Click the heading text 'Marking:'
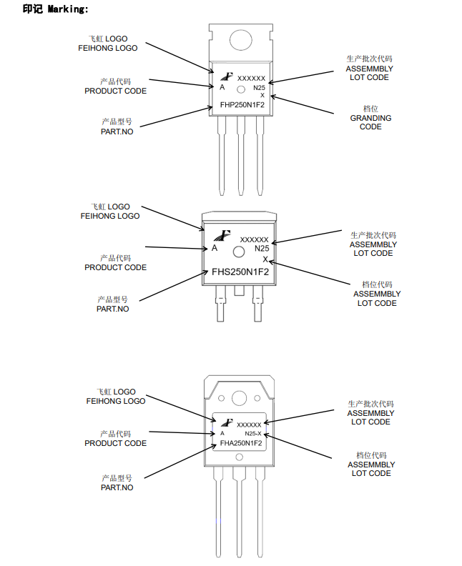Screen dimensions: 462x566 click(x=68, y=9)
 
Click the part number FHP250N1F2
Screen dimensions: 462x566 click(x=242, y=105)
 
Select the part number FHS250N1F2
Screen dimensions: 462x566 click(x=240, y=272)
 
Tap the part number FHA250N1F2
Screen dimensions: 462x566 click(x=241, y=443)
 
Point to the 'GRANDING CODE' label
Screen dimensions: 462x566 click(x=370, y=122)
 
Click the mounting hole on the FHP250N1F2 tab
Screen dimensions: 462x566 click(x=240, y=39)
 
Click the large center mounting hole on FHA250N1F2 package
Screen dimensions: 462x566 click(x=239, y=398)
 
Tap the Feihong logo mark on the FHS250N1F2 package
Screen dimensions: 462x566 click(x=222, y=235)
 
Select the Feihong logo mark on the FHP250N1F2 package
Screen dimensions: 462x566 click(x=227, y=76)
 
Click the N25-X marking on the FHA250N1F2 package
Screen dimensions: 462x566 click(x=253, y=434)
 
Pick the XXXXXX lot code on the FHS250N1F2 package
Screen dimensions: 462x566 click(x=255, y=240)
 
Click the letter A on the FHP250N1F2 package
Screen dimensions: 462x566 click(x=222, y=87)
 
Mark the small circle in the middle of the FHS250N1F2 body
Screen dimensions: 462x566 click(x=239, y=252)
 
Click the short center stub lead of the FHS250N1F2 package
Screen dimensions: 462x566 click(x=238, y=291)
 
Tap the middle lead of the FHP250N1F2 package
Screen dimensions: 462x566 click(x=240, y=156)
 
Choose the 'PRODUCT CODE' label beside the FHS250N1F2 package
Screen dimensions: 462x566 click(x=116, y=267)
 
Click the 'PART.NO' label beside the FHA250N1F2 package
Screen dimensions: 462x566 click(x=117, y=487)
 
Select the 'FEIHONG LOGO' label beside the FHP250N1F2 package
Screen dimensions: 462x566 click(x=108, y=48)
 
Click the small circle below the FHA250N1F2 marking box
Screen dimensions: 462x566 click(x=239, y=457)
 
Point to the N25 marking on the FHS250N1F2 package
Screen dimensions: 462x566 click(x=262, y=249)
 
